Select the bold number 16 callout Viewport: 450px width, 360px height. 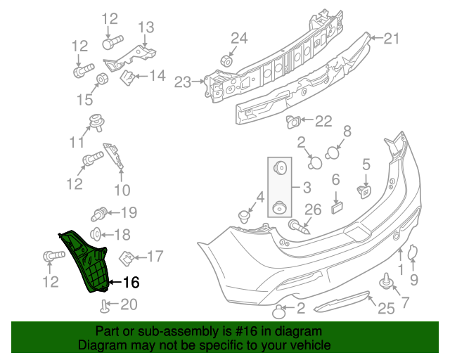point(131,283)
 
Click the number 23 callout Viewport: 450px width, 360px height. point(182,83)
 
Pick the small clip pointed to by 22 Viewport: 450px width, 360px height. point(293,122)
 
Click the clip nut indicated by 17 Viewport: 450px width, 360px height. point(129,258)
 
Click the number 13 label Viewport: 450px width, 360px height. point(145,27)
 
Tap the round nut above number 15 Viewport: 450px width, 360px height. point(102,78)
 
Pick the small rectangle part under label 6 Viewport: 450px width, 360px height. point(335,206)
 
